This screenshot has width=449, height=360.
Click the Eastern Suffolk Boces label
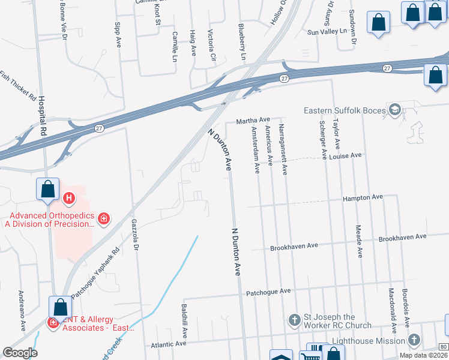pos(342,110)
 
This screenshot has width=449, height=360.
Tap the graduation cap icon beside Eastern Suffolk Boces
pos(394,109)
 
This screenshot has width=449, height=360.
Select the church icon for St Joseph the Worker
pos(294,320)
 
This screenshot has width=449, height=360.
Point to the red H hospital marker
pos(69,197)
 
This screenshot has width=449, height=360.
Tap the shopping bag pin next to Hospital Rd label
pos(47,190)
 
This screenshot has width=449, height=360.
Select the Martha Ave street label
pos(253,121)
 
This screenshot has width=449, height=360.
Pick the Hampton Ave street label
pos(363,197)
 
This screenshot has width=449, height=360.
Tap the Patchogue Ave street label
pos(268,292)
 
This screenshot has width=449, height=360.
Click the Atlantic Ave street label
pos(169,344)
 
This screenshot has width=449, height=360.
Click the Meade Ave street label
pos(359,241)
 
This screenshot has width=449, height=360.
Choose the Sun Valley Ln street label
pos(327,31)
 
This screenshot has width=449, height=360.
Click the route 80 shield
pos(443,347)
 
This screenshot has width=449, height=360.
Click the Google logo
pos(19,353)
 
